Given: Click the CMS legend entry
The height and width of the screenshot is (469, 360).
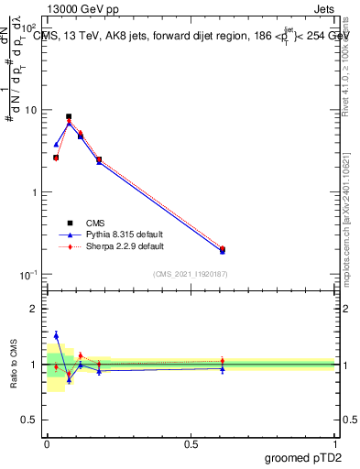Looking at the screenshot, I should [x=94, y=222].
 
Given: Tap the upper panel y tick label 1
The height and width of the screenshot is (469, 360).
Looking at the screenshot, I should [x=35, y=192].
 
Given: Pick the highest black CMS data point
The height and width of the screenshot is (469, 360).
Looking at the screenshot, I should [x=69, y=116].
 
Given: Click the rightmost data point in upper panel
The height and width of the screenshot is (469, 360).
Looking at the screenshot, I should [x=223, y=249].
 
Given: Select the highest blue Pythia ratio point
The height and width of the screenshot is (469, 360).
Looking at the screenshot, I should [x=56, y=335].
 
